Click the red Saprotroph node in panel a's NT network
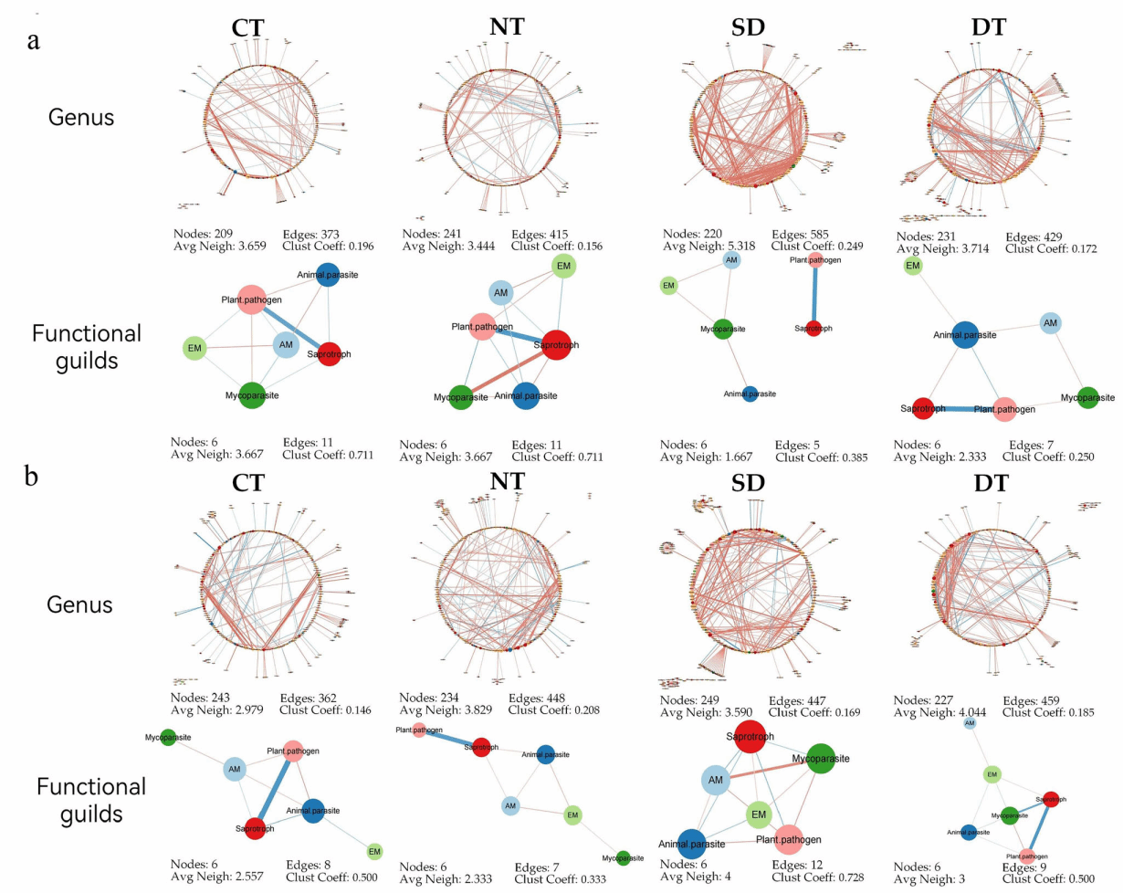point(552,344)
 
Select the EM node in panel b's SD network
point(757,814)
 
